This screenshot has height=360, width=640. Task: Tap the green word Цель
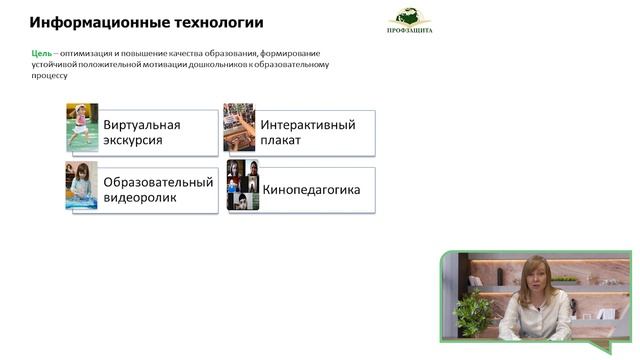click(40, 53)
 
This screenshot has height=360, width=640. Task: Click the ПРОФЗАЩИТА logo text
click(410, 32)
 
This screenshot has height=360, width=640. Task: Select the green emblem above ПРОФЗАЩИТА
click(410, 16)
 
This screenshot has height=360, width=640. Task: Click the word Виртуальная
click(141, 125)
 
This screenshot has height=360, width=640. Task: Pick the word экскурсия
click(133, 141)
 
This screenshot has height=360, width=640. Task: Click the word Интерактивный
click(308, 125)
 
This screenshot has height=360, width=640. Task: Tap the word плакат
click(281, 141)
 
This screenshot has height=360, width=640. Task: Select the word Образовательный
click(158, 182)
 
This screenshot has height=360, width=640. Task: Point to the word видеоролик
click(141, 198)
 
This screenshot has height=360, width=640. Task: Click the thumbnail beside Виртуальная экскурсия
click(82, 127)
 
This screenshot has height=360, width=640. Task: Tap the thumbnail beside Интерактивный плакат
click(239, 127)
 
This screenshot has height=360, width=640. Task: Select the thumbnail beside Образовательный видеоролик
click(82, 185)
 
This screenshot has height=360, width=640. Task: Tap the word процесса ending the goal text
click(51, 75)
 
